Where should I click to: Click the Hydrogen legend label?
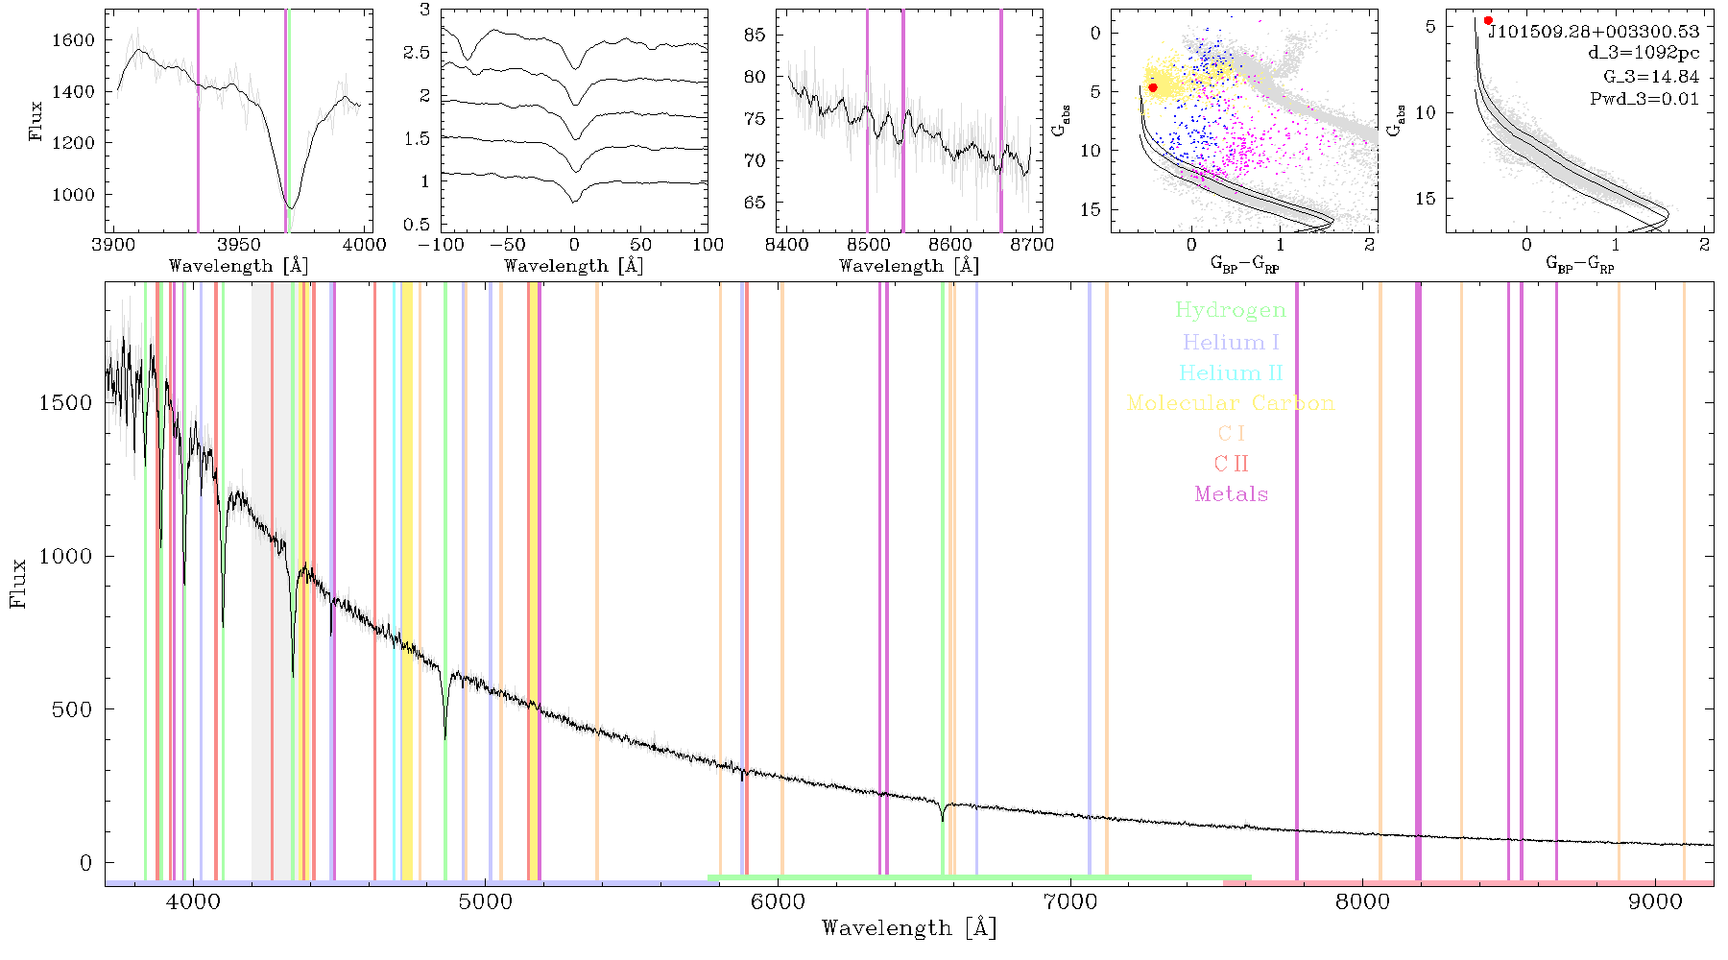click(x=1231, y=310)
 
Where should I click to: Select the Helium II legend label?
click(x=1231, y=372)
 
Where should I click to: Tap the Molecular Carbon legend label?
click(x=1231, y=403)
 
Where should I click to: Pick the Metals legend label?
click(x=1232, y=494)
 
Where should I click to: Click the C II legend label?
click(x=1232, y=464)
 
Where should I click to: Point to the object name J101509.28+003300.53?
click(x=1594, y=32)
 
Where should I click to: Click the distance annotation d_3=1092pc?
click(x=1644, y=54)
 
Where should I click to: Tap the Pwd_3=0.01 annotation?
click(x=1644, y=99)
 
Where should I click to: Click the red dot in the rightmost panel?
click(x=1488, y=20)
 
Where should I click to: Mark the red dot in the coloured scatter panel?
click(x=1153, y=87)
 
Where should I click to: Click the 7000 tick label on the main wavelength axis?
click(x=1070, y=902)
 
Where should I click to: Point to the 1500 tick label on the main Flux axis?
click(x=65, y=403)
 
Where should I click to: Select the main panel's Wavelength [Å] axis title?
click(x=909, y=928)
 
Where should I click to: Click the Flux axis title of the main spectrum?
click(x=18, y=583)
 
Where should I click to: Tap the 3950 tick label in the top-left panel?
click(x=239, y=244)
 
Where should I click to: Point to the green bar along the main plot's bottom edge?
click(x=979, y=877)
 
